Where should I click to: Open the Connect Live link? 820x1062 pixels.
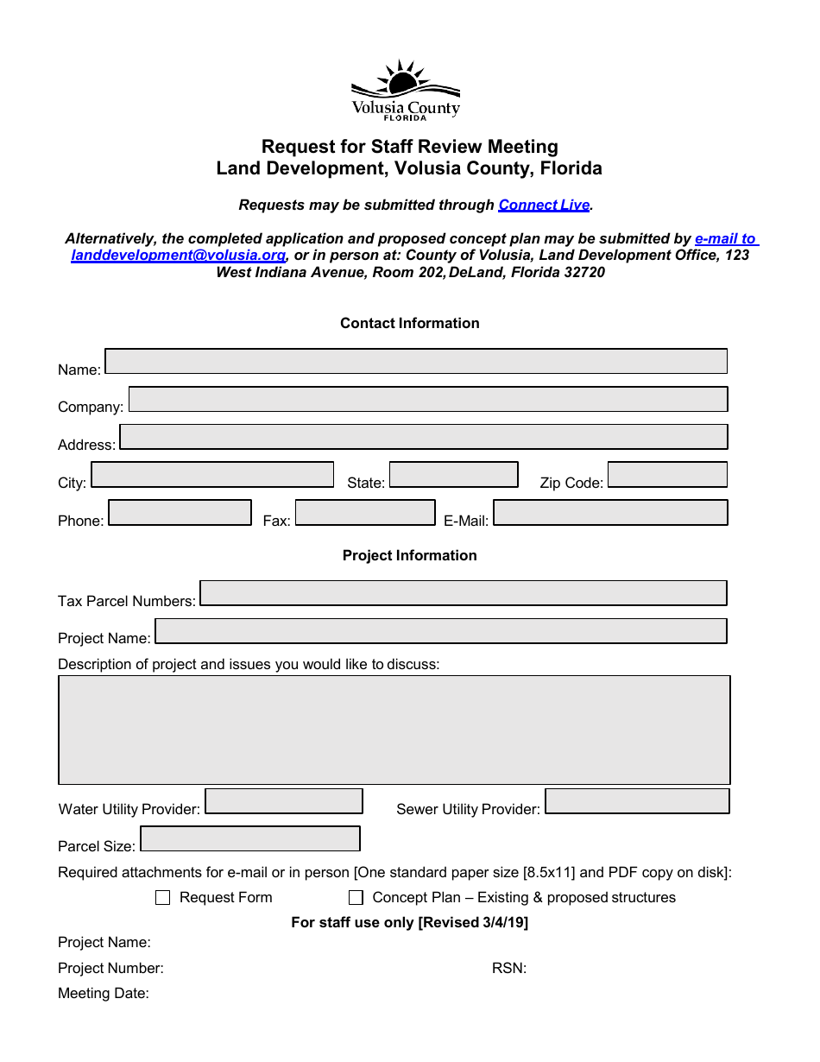click(x=544, y=205)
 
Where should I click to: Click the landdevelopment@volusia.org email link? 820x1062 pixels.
click(x=178, y=256)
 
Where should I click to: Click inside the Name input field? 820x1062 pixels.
click(x=415, y=361)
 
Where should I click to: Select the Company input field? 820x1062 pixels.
click(x=427, y=399)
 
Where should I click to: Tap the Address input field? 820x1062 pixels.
click(x=423, y=437)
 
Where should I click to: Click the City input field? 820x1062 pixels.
click(x=212, y=475)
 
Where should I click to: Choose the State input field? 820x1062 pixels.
click(x=453, y=475)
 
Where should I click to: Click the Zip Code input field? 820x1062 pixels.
click(x=667, y=475)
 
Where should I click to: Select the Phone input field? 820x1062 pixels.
click(x=180, y=513)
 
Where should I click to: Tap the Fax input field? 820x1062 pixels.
click(x=365, y=513)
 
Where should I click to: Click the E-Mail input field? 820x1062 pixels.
click(x=610, y=513)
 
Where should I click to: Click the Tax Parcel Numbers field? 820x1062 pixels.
click(x=463, y=593)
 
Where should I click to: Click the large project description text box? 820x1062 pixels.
click(x=394, y=730)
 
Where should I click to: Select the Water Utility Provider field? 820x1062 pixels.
click(x=284, y=801)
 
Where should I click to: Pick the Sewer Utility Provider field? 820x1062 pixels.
click(x=637, y=801)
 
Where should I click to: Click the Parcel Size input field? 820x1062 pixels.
click(x=250, y=839)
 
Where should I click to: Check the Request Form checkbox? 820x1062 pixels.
click(x=163, y=898)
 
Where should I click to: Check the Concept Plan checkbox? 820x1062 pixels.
click(x=356, y=898)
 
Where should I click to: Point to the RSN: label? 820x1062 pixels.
click(x=509, y=969)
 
